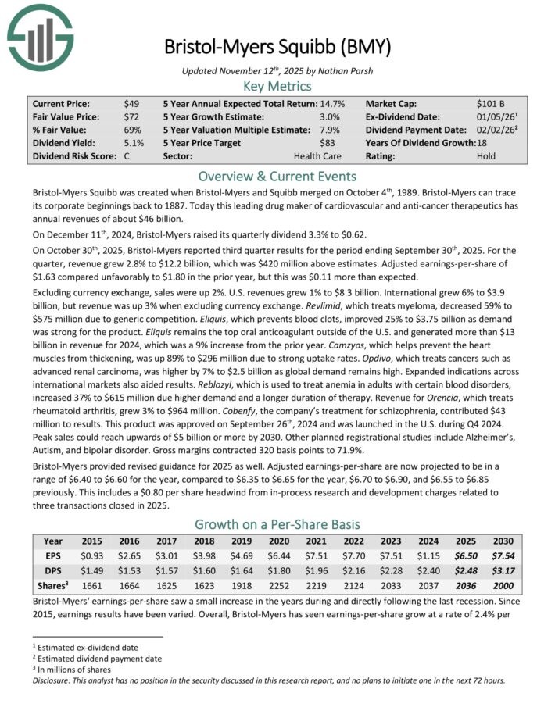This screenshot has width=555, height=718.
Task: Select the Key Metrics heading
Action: [277, 86]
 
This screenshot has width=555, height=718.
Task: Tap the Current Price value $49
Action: [131, 103]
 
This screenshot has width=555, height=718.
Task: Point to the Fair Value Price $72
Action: [131, 116]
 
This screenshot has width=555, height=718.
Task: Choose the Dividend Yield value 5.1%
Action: [134, 143]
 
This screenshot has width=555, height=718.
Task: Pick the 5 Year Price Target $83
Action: [328, 143]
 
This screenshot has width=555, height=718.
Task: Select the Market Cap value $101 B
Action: [491, 103]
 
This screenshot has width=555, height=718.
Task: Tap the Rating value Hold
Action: [485, 156]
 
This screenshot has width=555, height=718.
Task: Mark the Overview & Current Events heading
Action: [277, 176]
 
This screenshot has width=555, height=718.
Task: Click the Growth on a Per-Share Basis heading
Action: [277, 524]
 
